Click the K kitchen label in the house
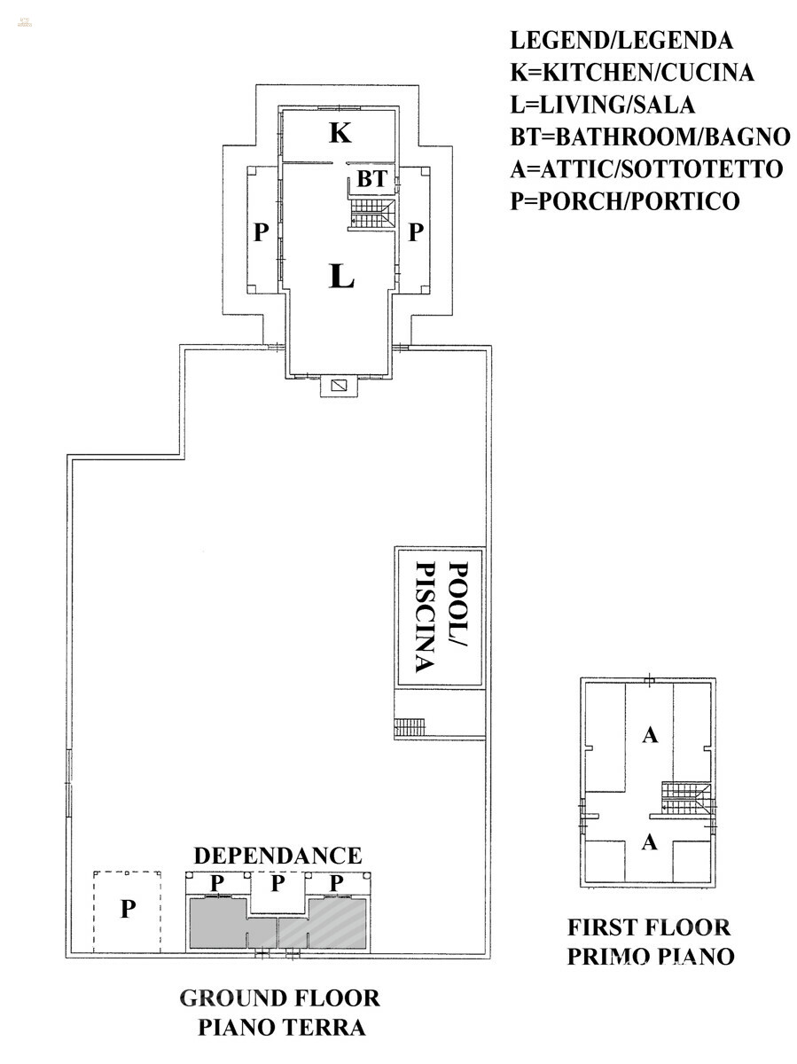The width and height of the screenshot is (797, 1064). pyautogui.click(x=340, y=132)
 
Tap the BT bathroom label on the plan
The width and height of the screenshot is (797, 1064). pyautogui.click(x=372, y=179)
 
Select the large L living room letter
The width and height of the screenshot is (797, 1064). pyautogui.click(x=341, y=276)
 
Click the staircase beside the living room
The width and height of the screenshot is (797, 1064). pyautogui.click(x=372, y=214)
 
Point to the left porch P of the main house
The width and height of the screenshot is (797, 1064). pyautogui.click(x=262, y=232)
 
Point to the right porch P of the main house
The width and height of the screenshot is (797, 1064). pyautogui.click(x=416, y=232)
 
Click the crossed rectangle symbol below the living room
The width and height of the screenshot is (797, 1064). pyautogui.click(x=339, y=386)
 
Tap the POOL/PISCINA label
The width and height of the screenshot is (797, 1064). pyautogui.click(x=441, y=616)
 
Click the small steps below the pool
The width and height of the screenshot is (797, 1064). pyautogui.click(x=410, y=726)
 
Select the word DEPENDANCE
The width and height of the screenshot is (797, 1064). pyautogui.click(x=277, y=856)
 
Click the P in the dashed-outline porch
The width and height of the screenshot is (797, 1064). pyautogui.click(x=128, y=909)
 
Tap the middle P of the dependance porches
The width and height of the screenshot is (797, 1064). pyautogui.click(x=277, y=883)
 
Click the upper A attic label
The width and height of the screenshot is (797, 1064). pyautogui.click(x=650, y=735)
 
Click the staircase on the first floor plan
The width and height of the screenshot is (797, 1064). pyautogui.click(x=686, y=797)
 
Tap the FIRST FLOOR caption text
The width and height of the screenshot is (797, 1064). pyautogui.click(x=649, y=927)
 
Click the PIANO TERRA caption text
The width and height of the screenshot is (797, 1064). pyautogui.click(x=282, y=1027)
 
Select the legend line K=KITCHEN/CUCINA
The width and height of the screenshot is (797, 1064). pyautogui.click(x=632, y=73)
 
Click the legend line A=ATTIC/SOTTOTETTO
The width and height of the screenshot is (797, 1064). pyautogui.click(x=646, y=169)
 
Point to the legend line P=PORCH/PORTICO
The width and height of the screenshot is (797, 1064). pyautogui.click(x=625, y=201)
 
